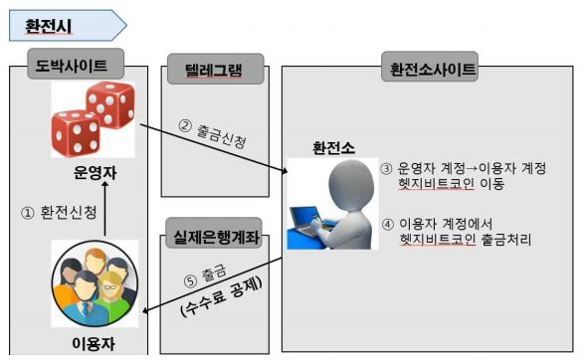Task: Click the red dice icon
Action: [93, 120]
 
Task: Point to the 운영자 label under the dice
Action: [96, 172]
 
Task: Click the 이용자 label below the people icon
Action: [95, 343]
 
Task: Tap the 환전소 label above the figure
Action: [330, 147]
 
